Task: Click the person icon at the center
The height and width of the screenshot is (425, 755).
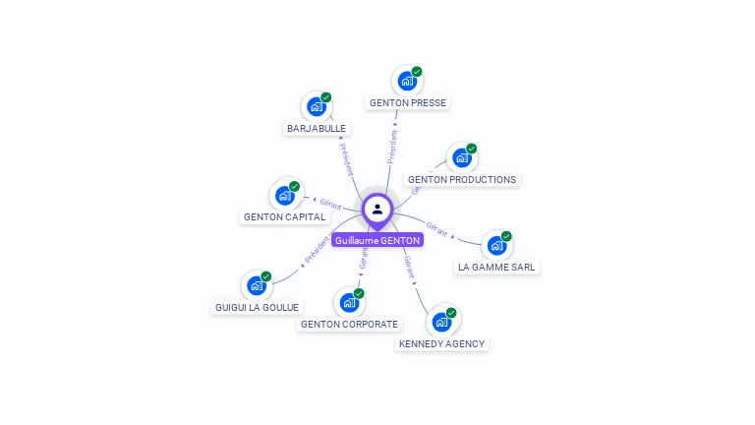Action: (377, 209)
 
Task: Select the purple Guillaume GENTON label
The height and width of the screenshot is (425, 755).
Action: (377, 240)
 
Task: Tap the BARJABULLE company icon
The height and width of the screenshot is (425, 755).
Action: (316, 106)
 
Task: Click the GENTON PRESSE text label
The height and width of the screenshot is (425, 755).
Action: (407, 103)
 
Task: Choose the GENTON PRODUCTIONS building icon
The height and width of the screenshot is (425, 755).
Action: (461, 158)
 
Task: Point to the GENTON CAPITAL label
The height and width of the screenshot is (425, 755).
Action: (284, 217)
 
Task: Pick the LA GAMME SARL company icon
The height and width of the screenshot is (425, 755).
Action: (496, 245)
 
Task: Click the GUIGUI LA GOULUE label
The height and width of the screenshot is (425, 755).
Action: (257, 307)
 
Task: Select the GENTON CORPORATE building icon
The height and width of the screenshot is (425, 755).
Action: (349, 302)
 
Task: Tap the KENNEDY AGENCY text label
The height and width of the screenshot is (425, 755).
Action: (441, 344)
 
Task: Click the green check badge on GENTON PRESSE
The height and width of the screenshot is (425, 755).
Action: (417, 72)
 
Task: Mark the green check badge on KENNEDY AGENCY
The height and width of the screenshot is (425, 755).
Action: (451, 313)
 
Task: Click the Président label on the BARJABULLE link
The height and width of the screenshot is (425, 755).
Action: (346, 157)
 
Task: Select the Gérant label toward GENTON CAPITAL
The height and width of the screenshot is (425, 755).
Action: (330, 205)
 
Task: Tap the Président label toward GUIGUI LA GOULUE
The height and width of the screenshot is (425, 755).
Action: (318, 250)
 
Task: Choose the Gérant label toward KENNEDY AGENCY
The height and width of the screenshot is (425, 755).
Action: (410, 267)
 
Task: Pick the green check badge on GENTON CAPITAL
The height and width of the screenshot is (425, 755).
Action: (294, 186)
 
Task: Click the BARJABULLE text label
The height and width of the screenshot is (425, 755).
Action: (317, 129)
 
